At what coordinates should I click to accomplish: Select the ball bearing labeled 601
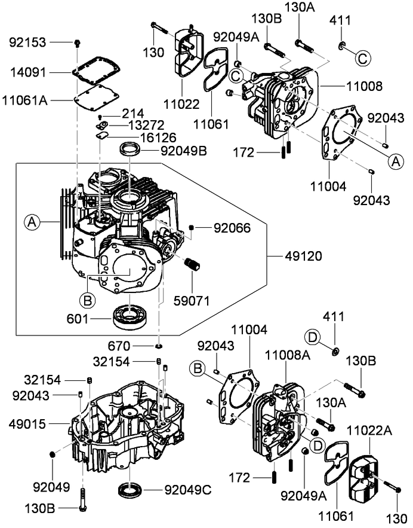tap(130, 315)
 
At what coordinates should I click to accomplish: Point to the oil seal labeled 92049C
tap(131, 489)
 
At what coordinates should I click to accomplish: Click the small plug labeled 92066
tap(192, 228)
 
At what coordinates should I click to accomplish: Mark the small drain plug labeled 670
tap(159, 346)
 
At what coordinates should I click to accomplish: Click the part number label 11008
tap(363, 86)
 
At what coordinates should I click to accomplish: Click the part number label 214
tap(134, 113)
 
